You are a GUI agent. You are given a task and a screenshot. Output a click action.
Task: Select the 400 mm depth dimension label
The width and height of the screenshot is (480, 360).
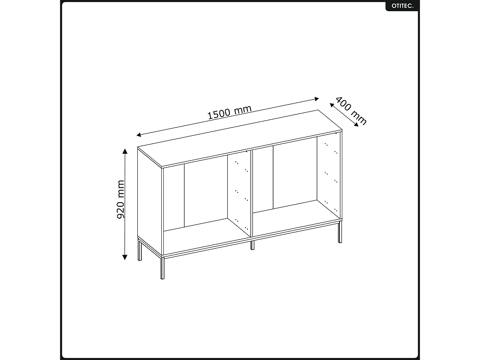tap(351, 111)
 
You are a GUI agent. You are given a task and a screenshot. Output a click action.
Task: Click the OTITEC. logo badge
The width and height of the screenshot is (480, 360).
tap(402, 6)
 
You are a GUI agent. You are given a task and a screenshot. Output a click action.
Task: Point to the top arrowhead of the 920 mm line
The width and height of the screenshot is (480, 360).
tap(125, 151)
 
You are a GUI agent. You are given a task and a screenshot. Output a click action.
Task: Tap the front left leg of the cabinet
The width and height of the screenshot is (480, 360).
tap(163, 267)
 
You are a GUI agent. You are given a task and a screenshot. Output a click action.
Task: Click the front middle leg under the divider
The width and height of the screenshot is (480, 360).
tap(252, 245)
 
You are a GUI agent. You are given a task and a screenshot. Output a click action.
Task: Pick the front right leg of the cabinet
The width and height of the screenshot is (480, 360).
tap(340, 232)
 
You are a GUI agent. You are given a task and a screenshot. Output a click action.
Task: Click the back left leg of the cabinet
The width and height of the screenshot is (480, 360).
tap(140, 251)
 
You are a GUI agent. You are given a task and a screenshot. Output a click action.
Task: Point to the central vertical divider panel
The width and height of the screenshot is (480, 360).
tap(251, 192)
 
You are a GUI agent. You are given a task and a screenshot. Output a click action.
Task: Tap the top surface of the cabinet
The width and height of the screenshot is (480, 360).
tap(240, 138)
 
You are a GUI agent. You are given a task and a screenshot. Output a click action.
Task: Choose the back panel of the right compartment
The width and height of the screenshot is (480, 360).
tap(295, 174)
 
